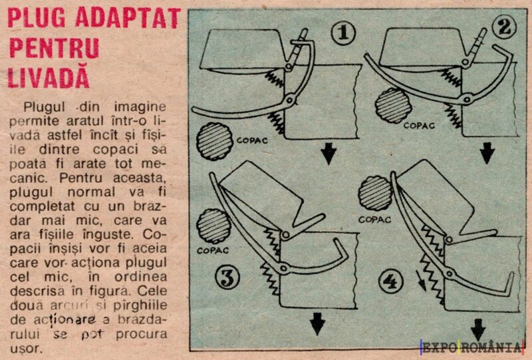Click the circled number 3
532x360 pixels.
tap(227, 279)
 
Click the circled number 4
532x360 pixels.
tap(392, 282)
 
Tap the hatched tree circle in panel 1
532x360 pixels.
tap(213, 142)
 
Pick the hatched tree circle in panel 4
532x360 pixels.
tap(375, 194)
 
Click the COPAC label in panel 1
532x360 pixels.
tap(251, 140)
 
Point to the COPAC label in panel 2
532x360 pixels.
tap(420, 124)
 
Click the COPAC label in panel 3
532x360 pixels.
tap(213, 251)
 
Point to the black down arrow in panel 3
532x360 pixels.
tap(318, 324)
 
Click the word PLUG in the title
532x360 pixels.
tap(33, 18)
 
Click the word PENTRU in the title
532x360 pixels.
tap(53, 48)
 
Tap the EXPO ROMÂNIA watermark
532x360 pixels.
tap(472, 347)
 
